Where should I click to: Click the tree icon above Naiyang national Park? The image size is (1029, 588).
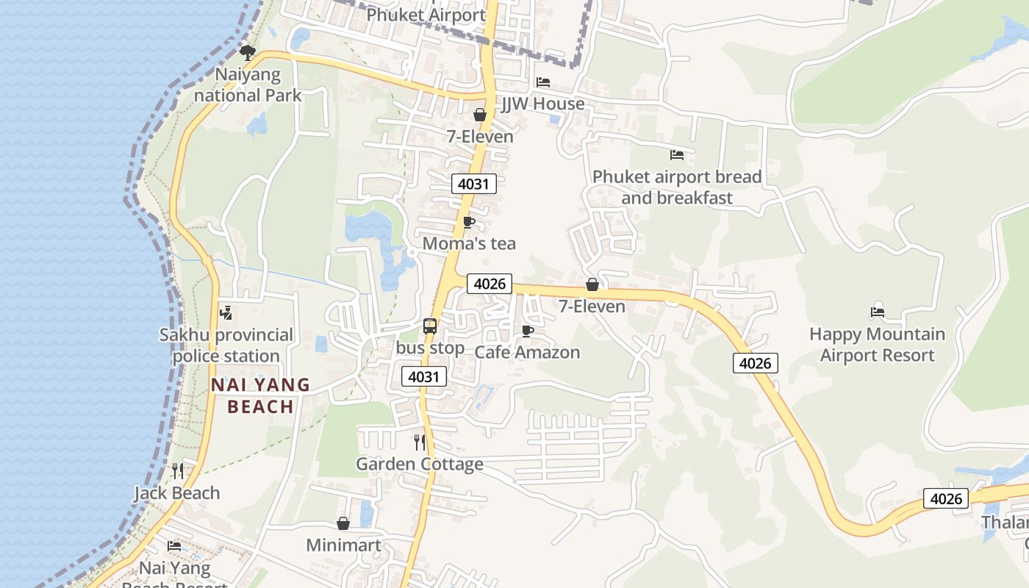(248, 52)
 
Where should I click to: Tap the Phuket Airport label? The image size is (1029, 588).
(426, 15)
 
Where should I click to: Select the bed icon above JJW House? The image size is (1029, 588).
(543, 82)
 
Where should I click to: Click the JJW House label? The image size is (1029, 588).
(543, 104)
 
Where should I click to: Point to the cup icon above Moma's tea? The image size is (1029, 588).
(469, 222)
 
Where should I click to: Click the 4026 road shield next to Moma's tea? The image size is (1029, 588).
(489, 284)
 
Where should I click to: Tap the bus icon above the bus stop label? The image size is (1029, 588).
(430, 326)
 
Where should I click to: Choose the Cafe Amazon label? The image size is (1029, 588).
(527, 352)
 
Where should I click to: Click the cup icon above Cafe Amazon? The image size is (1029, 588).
(527, 331)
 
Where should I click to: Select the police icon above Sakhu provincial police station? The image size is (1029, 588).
(226, 313)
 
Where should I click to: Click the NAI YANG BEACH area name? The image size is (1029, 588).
(260, 395)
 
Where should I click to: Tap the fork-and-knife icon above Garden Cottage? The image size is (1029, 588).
(420, 442)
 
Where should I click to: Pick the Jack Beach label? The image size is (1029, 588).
(177, 492)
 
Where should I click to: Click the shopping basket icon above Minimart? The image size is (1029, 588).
(343, 523)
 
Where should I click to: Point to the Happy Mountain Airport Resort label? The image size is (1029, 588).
(877, 345)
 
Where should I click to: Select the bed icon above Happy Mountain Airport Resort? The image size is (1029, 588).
(877, 312)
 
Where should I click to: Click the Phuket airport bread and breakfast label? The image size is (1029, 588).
(677, 187)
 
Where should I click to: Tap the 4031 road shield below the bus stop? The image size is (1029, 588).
(424, 377)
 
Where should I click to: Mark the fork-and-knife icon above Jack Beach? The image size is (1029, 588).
(177, 470)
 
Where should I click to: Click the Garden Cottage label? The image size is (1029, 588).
(420, 464)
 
